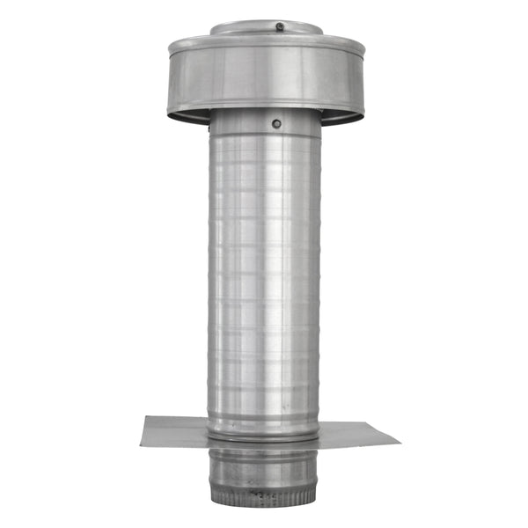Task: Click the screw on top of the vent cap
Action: [x=280, y=27]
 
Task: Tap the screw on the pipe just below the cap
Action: [x=276, y=124]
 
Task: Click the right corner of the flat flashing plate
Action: [x=399, y=438]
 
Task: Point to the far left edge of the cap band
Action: [x=171, y=79]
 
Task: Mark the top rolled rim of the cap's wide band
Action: [x=264, y=43]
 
